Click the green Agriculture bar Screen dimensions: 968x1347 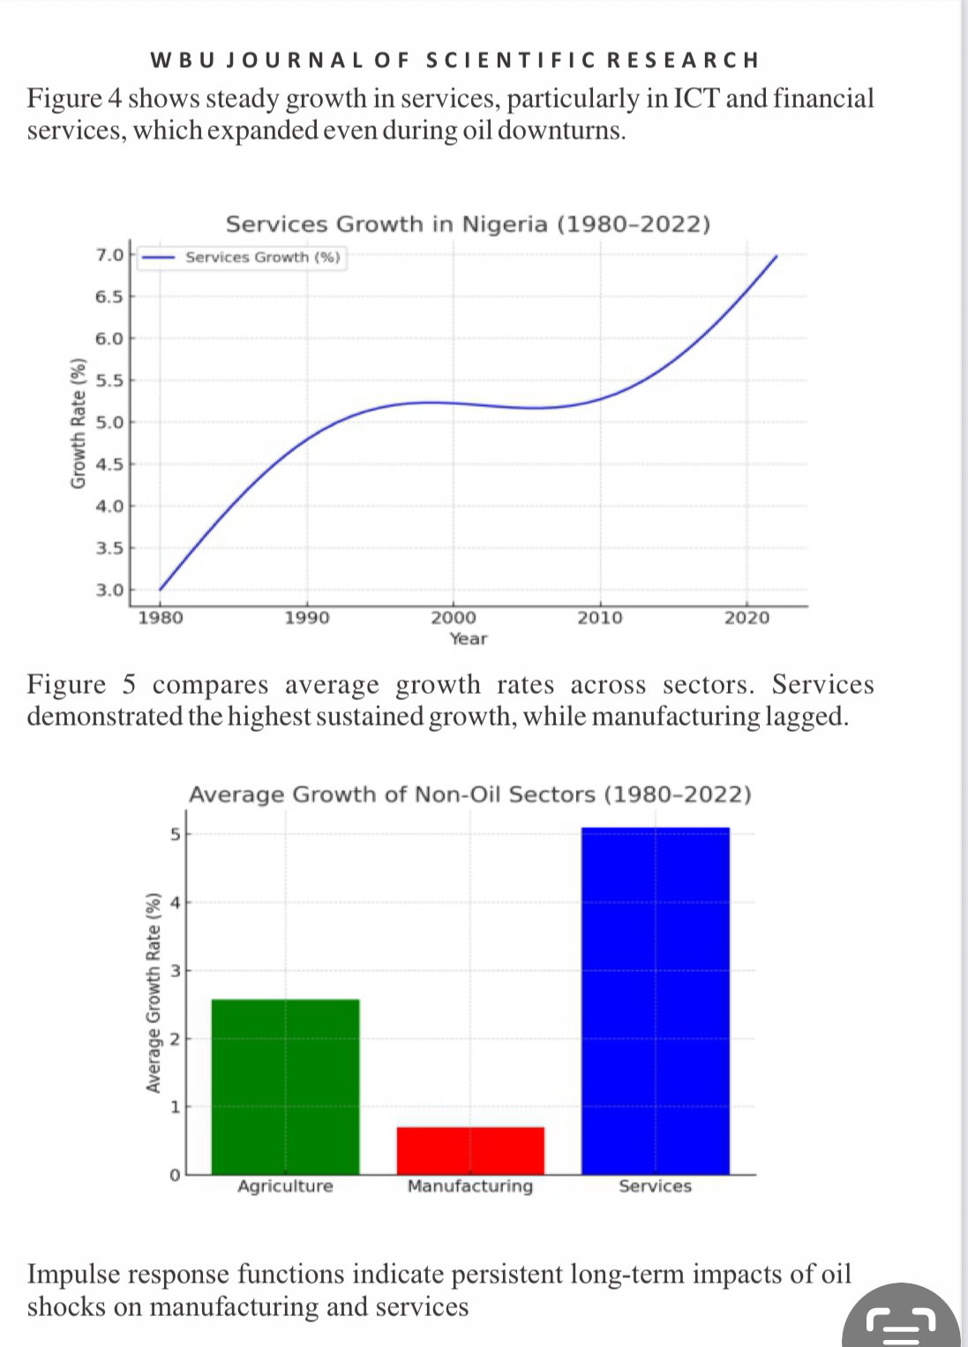[x=286, y=1087]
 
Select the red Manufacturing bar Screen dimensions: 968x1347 [x=470, y=1150]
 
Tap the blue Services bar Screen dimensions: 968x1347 [x=656, y=1001]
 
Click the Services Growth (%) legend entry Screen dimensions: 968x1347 [x=242, y=258]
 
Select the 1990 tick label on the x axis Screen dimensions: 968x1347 [x=306, y=618]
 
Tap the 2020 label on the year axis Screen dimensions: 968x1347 [x=747, y=618]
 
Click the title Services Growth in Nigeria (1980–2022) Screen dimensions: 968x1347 [x=469, y=224]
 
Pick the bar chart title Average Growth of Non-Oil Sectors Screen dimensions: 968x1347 [x=470, y=794]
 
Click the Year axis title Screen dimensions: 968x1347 [x=469, y=638]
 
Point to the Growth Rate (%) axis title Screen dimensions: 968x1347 [x=79, y=424]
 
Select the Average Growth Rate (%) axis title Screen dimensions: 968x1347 [x=154, y=992]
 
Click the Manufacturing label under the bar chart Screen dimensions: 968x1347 [x=470, y=1185]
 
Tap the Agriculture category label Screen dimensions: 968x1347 [x=286, y=1185]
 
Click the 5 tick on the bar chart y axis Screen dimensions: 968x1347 [x=175, y=834]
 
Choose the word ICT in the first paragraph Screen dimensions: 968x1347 [x=695, y=98]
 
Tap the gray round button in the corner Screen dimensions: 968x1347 [x=901, y=1317]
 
